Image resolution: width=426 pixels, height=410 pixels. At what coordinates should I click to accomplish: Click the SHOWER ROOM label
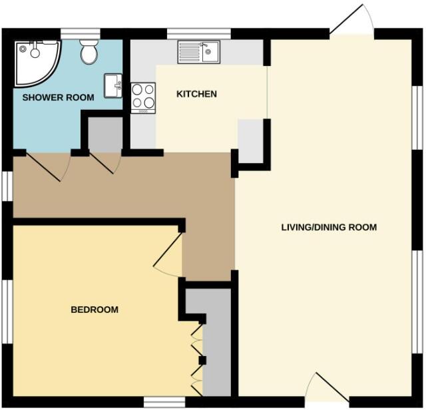point(59,98)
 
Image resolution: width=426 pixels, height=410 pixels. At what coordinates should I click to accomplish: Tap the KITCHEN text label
point(196,94)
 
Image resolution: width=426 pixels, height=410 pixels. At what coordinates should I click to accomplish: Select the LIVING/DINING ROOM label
point(329,228)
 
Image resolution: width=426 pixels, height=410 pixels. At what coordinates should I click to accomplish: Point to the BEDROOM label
point(95,309)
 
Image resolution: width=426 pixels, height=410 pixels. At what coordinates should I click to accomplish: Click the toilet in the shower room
point(89,52)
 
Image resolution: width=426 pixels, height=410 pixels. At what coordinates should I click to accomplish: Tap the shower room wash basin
point(113,86)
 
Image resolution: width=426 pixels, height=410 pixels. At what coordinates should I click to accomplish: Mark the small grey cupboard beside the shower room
point(102,136)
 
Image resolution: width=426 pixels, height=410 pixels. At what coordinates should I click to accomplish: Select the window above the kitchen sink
point(198,32)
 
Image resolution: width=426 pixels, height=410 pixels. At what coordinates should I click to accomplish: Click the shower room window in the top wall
point(80,32)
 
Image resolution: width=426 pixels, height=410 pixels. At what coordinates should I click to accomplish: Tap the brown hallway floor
point(133,186)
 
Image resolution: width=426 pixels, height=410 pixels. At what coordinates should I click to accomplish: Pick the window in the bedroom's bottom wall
point(164,401)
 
